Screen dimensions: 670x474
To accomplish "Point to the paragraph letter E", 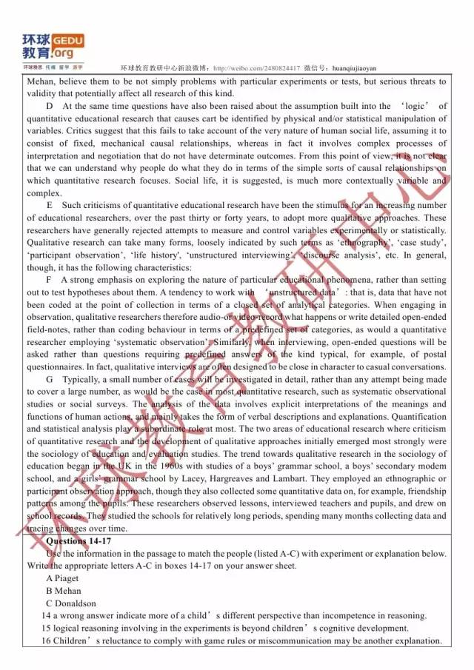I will pyautogui.click(x=49, y=205).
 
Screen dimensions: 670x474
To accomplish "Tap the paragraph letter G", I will pyautogui.click(x=49, y=379).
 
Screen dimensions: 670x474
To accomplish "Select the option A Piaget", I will pyautogui.click(x=62, y=578).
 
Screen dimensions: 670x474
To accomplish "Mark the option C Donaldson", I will pyautogui.click(x=70, y=603).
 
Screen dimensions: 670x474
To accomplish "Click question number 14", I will pyautogui.click(x=46, y=616).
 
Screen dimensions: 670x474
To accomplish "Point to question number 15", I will pyautogui.click(x=46, y=629).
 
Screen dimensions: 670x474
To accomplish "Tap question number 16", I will pyautogui.click(x=46, y=641).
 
